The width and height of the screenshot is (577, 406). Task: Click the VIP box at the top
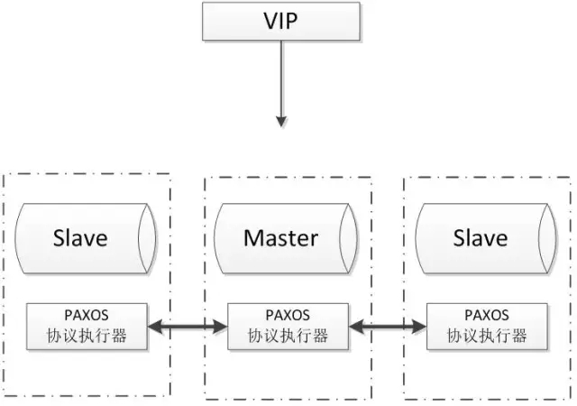point(281,20)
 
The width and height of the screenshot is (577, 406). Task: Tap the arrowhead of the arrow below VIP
point(281,119)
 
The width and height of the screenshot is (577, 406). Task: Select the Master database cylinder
point(281,238)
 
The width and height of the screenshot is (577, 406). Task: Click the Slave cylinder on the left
point(81,238)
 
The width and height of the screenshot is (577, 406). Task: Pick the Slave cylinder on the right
point(480,238)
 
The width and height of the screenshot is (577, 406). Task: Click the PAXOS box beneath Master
point(288,327)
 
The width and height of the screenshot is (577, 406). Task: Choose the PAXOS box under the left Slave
point(87,327)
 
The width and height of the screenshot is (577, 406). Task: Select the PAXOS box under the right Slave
point(487,327)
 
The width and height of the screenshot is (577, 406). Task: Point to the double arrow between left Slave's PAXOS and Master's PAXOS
point(187,327)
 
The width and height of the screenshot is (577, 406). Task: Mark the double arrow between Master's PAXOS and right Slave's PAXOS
point(388,327)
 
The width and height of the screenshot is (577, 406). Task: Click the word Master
point(280,238)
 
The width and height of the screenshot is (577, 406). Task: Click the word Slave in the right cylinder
point(480,238)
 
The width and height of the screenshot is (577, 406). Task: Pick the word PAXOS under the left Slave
point(87,316)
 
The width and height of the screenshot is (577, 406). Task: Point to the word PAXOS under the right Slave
point(487,316)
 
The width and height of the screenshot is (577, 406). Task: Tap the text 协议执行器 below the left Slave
point(87,337)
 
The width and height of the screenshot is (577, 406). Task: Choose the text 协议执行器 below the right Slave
point(487,337)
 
